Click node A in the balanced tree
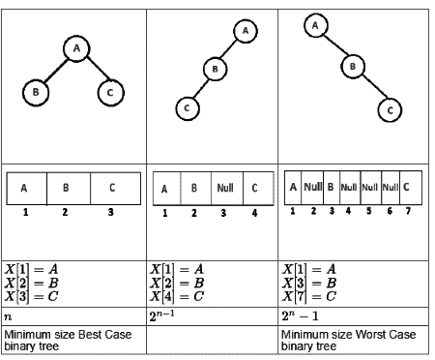tap(76, 47)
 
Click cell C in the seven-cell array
tap(406, 186)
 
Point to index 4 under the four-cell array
tap(254, 212)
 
